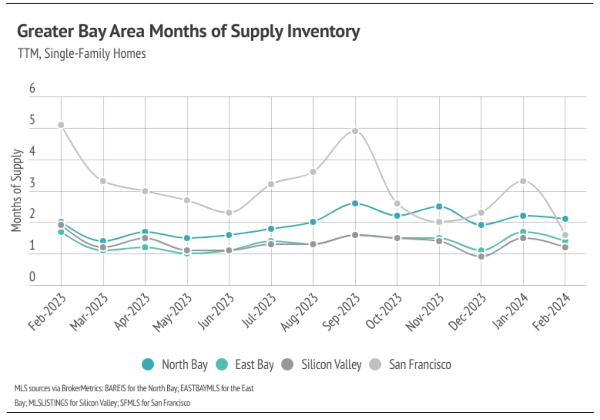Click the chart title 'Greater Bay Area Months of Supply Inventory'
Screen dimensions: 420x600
click(188, 32)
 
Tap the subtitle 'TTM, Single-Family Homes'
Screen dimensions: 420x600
click(82, 54)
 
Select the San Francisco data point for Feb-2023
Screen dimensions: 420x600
click(61, 125)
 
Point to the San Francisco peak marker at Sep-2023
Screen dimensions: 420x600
click(355, 131)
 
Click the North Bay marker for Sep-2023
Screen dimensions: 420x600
click(355, 204)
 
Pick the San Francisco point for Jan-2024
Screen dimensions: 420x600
click(523, 181)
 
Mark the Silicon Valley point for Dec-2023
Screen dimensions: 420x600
click(481, 257)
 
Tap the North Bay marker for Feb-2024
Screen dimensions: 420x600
click(565, 219)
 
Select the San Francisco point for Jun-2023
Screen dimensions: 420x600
click(229, 213)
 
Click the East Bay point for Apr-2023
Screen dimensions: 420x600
click(145, 247)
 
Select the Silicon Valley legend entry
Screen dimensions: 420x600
click(322, 365)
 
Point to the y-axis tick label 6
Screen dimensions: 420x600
click(32, 89)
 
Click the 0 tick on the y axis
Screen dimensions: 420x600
click(32, 277)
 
